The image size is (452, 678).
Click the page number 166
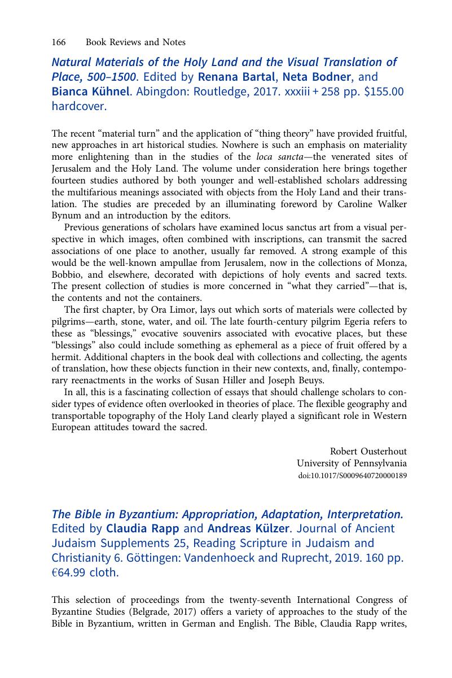click(x=59, y=42)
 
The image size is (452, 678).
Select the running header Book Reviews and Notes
click(x=135, y=42)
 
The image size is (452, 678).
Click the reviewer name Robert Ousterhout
click(x=368, y=451)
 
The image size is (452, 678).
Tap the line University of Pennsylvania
click(x=352, y=463)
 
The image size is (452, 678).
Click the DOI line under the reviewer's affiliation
click(x=352, y=475)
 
